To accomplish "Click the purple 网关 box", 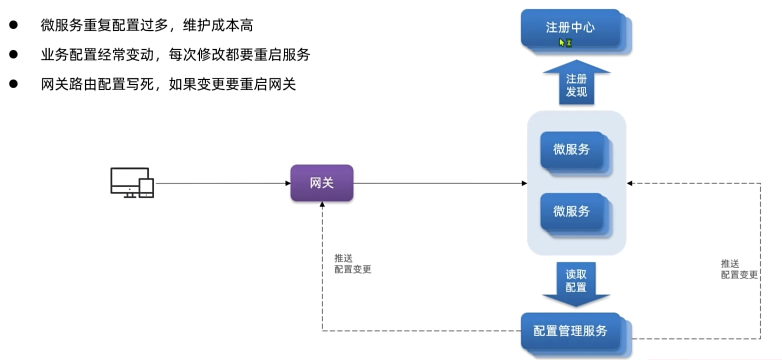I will tap(321, 183).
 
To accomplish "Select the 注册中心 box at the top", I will tap(570, 27).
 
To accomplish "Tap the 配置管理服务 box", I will tap(570, 330).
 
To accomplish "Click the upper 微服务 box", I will tap(571, 149).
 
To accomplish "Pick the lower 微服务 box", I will tap(571, 211).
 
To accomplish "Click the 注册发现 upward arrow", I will tap(576, 85).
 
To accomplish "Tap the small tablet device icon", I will tap(146, 188).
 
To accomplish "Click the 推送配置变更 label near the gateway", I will tap(352, 263).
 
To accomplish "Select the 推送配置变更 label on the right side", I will tap(739, 269).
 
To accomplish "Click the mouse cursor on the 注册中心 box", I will tap(562, 42).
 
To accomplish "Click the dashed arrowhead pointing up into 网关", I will tap(322, 205).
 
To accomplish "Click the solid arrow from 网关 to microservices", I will tap(440, 183).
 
